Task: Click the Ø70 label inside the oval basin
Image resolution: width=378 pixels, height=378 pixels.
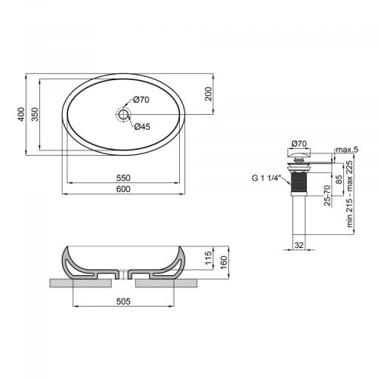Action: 142,100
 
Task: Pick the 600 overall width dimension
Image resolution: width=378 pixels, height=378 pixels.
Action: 124,189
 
